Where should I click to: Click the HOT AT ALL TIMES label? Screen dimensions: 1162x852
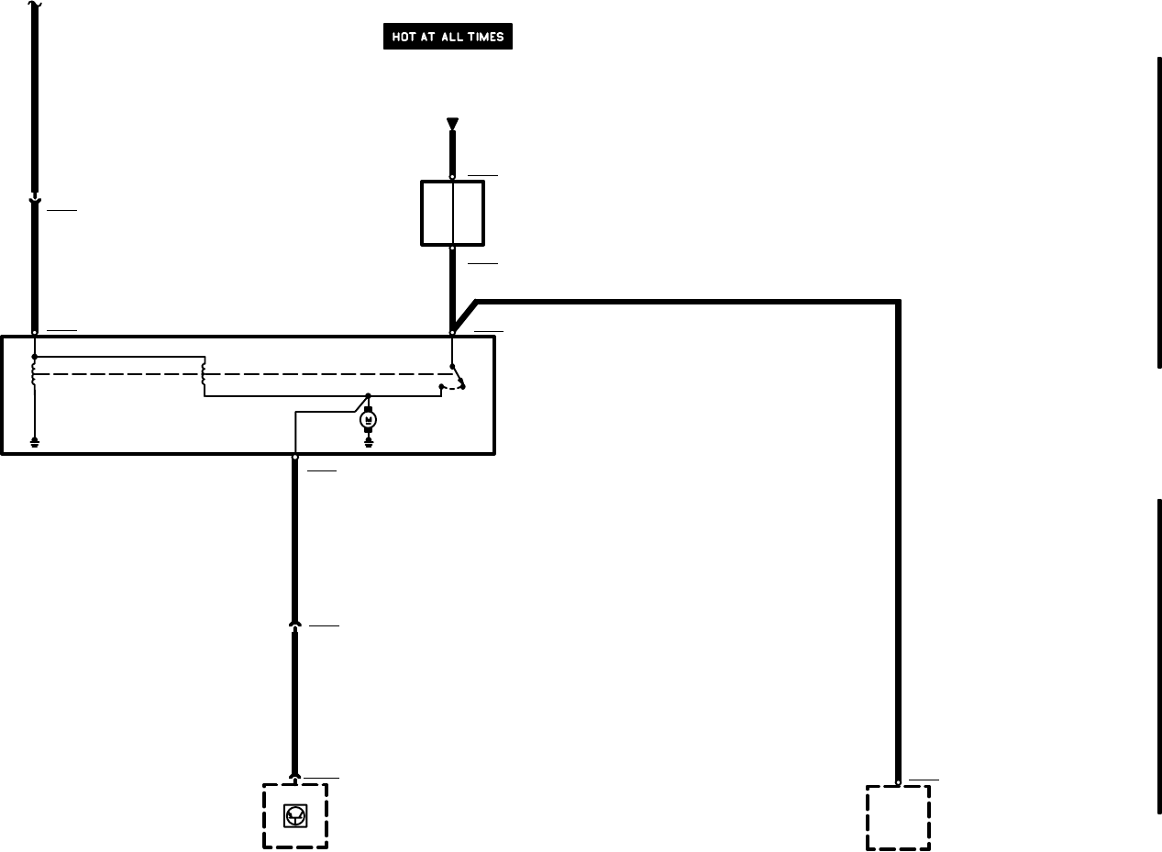pos(448,38)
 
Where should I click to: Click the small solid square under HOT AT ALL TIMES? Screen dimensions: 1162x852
pos(452,213)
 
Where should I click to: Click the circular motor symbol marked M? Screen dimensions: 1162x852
pos(369,419)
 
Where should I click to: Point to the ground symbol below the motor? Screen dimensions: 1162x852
pos(369,442)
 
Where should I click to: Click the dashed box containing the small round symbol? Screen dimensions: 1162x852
pos(294,815)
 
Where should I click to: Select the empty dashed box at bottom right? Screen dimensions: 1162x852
pos(898,817)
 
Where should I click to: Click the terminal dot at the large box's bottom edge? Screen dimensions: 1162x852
pos(294,456)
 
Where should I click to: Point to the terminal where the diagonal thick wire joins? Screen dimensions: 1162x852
pos(452,332)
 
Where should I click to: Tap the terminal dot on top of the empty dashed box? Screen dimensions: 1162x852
pos(898,783)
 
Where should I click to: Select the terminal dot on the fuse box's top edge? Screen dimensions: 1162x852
pos(452,177)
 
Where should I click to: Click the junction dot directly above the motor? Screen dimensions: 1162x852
pos(369,395)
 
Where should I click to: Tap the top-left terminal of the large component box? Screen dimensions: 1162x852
pos(34,333)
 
